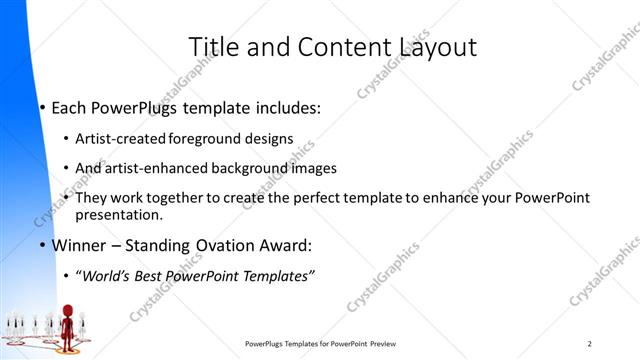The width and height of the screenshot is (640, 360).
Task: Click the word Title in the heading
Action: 211,47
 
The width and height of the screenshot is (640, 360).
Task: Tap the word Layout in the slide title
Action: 438,47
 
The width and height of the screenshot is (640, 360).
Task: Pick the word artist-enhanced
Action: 149,168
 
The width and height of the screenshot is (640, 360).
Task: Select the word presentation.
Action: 118,214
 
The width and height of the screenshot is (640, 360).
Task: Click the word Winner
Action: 79,245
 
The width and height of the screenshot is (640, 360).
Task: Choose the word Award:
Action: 288,245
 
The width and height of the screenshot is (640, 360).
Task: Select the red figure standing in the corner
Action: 69,326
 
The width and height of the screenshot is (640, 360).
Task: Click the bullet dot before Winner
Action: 43,246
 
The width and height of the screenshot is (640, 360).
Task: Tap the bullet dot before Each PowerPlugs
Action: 43,107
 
